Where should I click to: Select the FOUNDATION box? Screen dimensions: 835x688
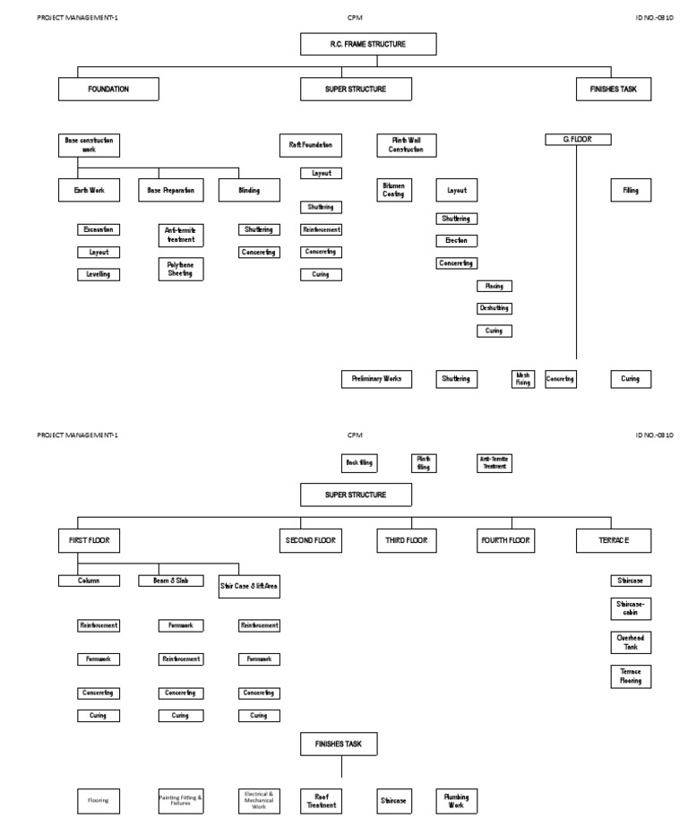point(108,89)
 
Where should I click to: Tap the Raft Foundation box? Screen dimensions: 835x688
point(310,143)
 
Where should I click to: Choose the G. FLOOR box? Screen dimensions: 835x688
point(579,139)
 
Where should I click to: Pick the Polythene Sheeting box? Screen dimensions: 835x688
point(181,269)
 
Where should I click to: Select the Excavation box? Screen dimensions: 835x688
point(99,229)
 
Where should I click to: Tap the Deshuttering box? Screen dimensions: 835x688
point(494,308)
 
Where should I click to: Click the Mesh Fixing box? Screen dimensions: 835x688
point(523,379)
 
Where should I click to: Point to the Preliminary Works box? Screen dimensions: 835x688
point(376,379)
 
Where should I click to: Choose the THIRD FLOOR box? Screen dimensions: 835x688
point(407,540)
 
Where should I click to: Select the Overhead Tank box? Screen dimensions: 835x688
point(630,641)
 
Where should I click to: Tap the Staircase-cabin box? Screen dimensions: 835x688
point(630,608)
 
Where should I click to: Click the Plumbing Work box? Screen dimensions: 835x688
point(456,799)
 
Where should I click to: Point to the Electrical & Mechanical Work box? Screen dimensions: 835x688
point(259,799)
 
